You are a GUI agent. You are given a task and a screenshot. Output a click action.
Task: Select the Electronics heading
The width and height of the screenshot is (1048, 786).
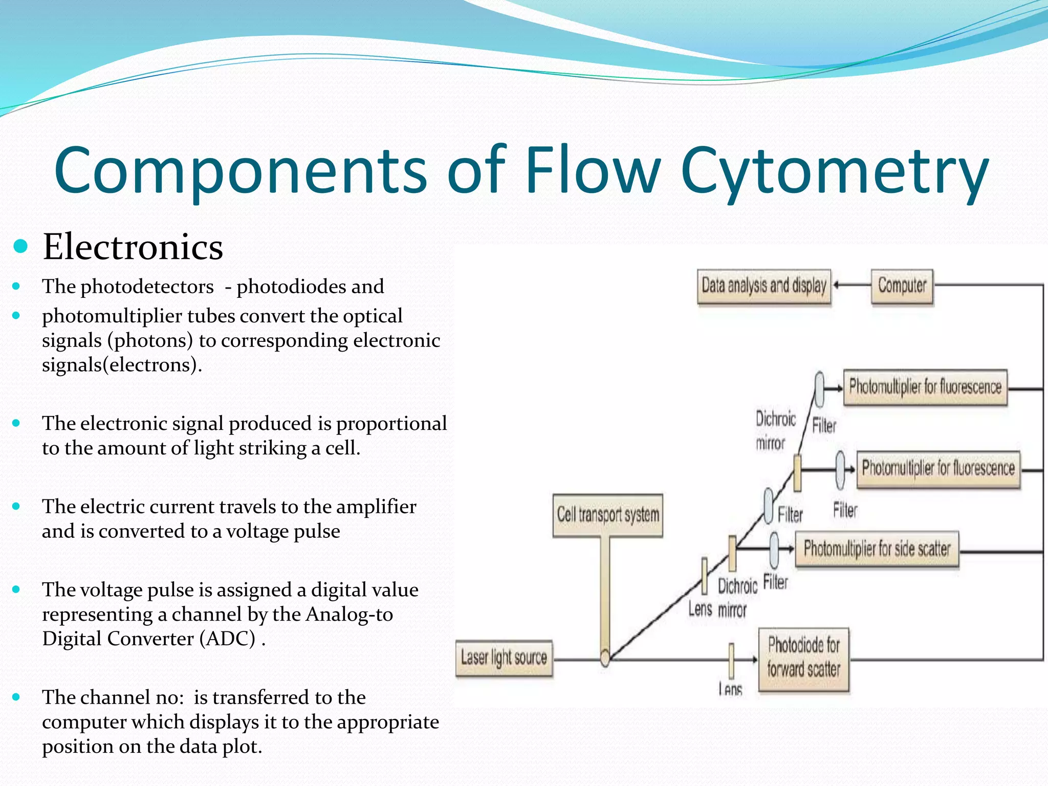133,247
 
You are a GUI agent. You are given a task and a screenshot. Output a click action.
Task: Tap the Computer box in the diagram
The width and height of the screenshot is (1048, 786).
902,286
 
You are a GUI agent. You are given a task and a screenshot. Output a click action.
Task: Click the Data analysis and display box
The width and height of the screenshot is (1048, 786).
764,287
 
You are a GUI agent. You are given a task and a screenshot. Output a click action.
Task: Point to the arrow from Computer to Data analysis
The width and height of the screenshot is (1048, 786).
852,286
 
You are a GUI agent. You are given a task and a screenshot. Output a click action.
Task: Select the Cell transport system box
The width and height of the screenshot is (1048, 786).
608,515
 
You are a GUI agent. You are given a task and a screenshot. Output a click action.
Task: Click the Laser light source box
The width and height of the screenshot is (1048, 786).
504,658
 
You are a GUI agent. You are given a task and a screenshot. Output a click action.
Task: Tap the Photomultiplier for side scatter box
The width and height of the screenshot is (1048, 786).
877,549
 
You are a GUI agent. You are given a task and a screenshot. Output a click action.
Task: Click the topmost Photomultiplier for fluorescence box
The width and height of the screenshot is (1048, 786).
925,387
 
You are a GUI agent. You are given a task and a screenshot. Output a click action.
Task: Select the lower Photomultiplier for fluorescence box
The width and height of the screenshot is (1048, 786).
938,469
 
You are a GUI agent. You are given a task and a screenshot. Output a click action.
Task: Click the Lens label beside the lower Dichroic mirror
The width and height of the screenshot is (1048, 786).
700,609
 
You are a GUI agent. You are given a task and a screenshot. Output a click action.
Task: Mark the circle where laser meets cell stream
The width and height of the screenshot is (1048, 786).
605,658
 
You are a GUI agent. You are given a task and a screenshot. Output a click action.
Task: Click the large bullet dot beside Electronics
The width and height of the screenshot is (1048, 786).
20,247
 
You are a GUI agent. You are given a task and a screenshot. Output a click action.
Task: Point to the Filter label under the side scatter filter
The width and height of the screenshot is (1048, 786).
775,582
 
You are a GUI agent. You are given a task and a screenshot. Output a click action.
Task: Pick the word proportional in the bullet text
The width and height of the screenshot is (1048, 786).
391,424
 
